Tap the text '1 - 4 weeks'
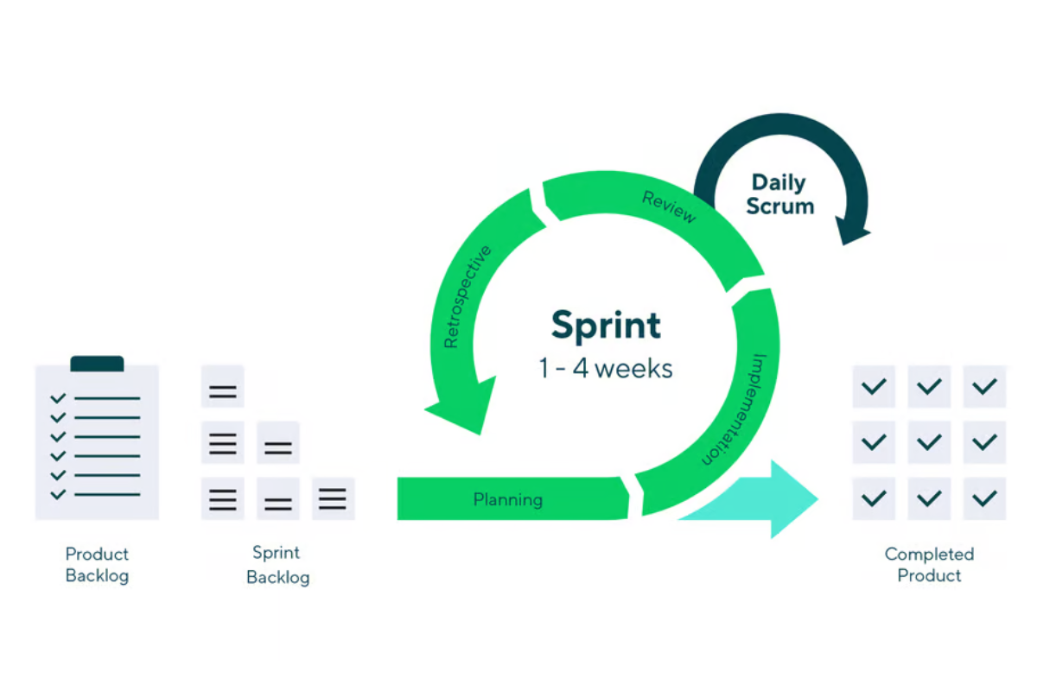click(606, 368)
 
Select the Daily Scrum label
click(780, 194)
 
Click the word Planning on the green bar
click(508, 499)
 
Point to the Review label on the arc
click(669, 207)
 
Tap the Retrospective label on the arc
click(467, 296)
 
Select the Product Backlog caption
click(97, 565)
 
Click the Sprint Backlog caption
click(277, 565)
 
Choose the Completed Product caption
click(929, 565)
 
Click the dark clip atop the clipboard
click(97, 364)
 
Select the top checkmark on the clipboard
click(58, 398)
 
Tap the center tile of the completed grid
click(929, 442)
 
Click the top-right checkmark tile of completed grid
click(984, 386)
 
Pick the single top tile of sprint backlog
click(223, 386)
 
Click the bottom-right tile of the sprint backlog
click(333, 498)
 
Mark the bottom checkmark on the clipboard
click(58, 495)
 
